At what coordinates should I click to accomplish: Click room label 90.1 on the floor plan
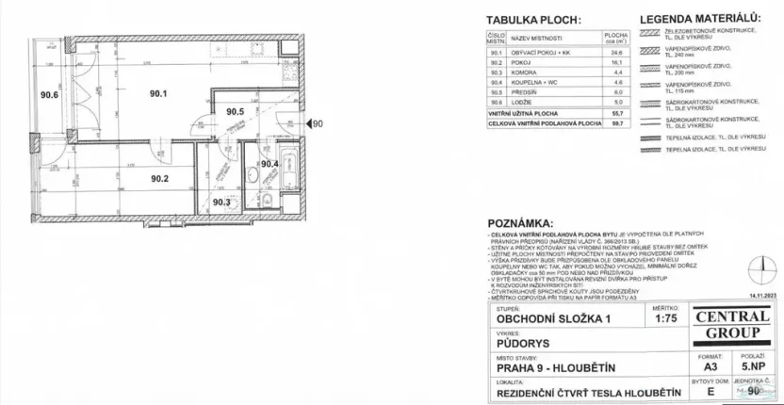156,93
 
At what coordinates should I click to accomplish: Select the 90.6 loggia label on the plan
49,94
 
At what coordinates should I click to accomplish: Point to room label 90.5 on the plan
236,112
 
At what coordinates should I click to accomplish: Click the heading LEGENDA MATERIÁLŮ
699,18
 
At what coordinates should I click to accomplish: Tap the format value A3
670,365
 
